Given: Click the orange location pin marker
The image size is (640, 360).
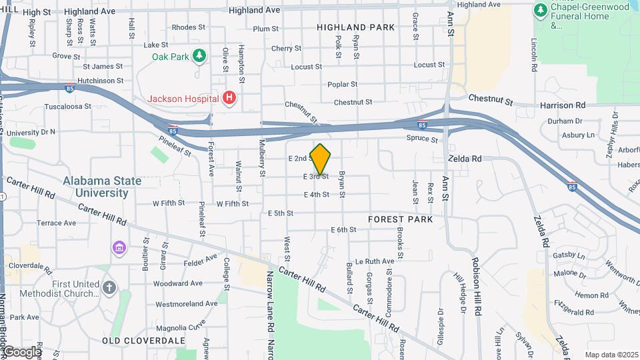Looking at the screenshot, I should pyautogui.click(x=321, y=159).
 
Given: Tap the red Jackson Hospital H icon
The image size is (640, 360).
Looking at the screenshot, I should pyautogui.click(x=229, y=99).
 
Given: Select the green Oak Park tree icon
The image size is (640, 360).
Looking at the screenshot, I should pyautogui.click(x=198, y=57).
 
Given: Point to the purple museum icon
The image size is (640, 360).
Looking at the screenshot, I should pyautogui.click(x=119, y=248).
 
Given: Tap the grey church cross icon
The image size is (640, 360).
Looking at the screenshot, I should pyautogui.click(x=109, y=288).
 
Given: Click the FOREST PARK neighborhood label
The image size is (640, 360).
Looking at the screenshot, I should pyautogui.click(x=400, y=219).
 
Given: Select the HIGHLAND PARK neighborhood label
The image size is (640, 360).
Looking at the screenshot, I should pyautogui.click(x=355, y=27).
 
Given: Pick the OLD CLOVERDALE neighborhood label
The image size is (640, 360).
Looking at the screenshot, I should pyautogui.click(x=143, y=340).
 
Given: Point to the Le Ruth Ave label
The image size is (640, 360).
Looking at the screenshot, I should pyautogui.click(x=375, y=261).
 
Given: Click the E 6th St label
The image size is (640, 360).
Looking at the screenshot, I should pyautogui.click(x=343, y=230).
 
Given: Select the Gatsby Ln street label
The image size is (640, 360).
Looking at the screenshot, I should pyautogui.click(x=569, y=255).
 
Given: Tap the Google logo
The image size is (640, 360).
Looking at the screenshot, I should pyautogui.click(x=21, y=351).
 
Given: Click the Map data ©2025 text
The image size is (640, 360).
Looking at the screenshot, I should pyautogui.click(x=611, y=355).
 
